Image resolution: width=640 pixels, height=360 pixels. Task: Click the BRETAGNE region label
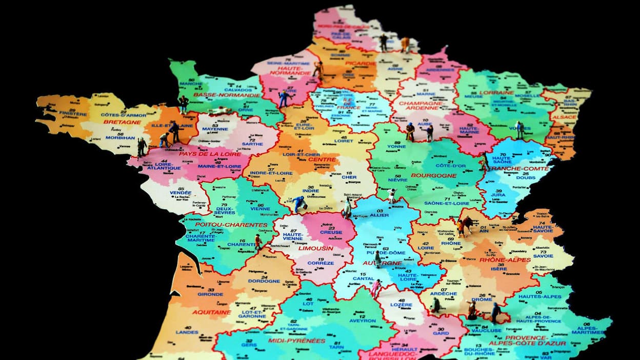[x=122, y=122]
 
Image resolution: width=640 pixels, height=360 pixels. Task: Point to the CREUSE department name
[x=331, y=232]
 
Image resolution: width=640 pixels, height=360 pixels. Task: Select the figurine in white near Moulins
[x=392, y=195]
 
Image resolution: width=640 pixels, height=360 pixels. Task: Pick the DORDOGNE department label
[x=264, y=281]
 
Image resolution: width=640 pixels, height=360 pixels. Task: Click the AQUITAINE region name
[x=212, y=312]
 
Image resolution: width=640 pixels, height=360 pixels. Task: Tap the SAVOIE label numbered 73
[x=543, y=256]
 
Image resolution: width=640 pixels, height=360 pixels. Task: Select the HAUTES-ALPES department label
[x=538, y=296]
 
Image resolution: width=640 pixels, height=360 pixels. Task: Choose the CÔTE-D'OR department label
[x=451, y=166]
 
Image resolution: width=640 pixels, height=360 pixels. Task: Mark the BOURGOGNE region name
[x=433, y=175]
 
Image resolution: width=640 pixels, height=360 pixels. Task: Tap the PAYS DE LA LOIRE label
[x=203, y=154]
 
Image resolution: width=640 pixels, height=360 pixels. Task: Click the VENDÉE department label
[x=181, y=192]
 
